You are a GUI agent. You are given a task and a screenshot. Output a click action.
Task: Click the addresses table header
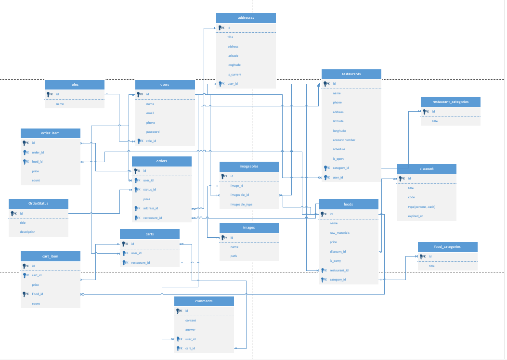pyautogui.click(x=246, y=18)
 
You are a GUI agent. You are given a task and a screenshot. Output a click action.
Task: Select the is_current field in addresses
pyautogui.click(x=234, y=75)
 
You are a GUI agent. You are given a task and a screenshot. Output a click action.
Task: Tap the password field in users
pyautogui.click(x=153, y=132)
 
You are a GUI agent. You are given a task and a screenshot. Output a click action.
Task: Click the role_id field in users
pyautogui.click(x=151, y=141)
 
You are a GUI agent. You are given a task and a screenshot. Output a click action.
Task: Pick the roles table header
pyautogui.click(x=74, y=85)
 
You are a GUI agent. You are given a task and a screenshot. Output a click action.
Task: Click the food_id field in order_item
pyautogui.click(x=38, y=162)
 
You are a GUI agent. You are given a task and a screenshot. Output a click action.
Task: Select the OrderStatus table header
pyautogui.click(x=39, y=204)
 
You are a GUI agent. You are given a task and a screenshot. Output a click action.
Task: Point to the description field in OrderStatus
pyautogui.click(x=27, y=232)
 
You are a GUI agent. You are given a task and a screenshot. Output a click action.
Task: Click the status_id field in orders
pyautogui.click(x=149, y=190)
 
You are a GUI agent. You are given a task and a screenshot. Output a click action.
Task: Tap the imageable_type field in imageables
pyautogui.click(x=241, y=205)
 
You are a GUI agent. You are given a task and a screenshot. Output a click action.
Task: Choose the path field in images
pyautogui.click(x=234, y=256)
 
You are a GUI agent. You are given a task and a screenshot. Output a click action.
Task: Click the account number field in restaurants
pyautogui.click(x=344, y=140)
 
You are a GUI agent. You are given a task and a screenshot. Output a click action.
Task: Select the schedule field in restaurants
pyautogui.click(x=339, y=149)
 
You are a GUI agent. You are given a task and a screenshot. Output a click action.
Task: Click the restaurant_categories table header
pyautogui.click(x=450, y=102)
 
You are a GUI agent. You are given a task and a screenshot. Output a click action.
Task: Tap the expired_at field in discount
pyautogui.click(x=416, y=216)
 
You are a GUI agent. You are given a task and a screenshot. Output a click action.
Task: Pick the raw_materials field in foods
pyautogui.click(x=340, y=233)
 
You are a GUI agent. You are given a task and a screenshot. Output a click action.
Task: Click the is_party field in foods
pyautogui.click(x=335, y=261)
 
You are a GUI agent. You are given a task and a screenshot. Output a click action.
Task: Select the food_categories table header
pyautogui.click(x=447, y=247)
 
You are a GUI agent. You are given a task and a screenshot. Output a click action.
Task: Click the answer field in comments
pyautogui.click(x=191, y=330)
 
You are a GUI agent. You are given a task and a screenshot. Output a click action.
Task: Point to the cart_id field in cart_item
pyautogui.click(x=37, y=275)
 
